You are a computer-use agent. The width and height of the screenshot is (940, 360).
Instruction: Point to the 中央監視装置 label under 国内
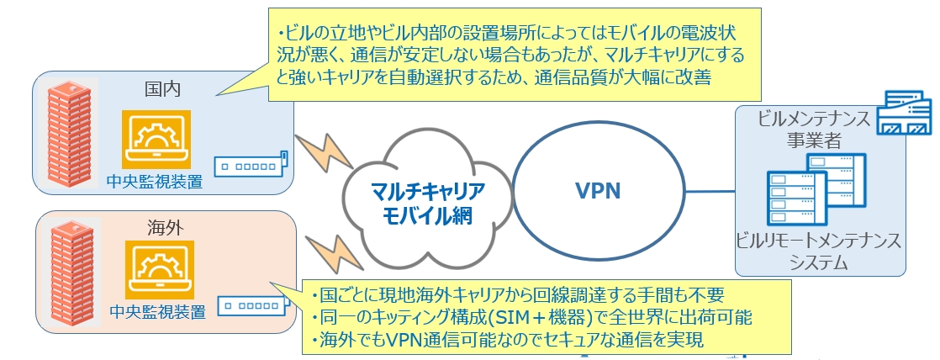[156, 180]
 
